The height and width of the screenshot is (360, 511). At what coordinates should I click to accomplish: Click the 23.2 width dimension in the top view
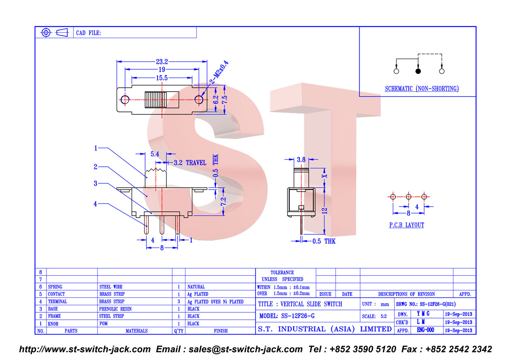(162, 62)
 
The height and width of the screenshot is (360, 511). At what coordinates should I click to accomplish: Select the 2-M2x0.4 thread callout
(219, 72)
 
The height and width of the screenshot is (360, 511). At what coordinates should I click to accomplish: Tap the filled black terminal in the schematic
(418, 71)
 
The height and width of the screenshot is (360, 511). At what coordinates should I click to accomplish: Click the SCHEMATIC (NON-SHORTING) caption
(421, 88)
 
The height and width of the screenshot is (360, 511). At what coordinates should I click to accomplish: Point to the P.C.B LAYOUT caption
(406, 225)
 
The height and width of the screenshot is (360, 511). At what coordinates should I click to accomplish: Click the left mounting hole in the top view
(125, 100)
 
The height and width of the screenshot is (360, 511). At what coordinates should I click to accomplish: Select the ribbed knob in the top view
(156, 100)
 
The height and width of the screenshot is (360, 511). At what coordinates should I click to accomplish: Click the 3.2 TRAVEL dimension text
(190, 163)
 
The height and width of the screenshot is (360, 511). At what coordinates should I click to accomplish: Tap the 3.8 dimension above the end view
(301, 160)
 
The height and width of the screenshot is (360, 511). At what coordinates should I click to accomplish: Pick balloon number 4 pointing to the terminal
(95, 204)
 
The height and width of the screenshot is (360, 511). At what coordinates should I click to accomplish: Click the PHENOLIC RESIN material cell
(115, 309)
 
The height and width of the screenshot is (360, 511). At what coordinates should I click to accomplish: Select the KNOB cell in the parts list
(53, 324)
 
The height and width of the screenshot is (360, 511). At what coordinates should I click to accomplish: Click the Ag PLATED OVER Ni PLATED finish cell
(215, 302)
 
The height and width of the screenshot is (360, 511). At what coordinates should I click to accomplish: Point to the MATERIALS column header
(136, 331)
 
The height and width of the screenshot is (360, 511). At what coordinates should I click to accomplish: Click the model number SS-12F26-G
(298, 316)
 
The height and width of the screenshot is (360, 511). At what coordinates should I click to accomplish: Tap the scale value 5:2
(384, 316)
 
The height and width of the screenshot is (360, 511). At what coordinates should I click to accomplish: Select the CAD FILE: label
(88, 33)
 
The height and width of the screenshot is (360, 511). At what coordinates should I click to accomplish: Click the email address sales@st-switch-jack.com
(246, 349)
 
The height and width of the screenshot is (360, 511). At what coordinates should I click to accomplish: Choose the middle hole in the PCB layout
(408, 197)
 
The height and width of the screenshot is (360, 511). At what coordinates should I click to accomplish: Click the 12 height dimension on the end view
(325, 211)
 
